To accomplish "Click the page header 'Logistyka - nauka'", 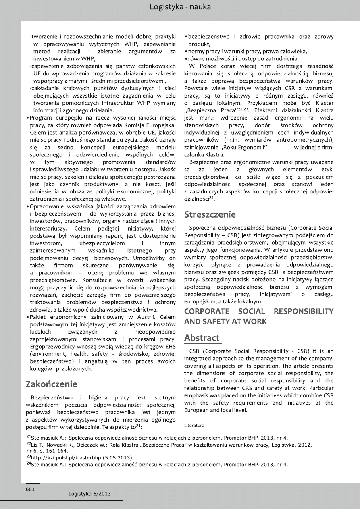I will pos(180,7).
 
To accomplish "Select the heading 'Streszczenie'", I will pos(210,214).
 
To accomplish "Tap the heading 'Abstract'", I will pos(202,337).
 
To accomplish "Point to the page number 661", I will pos(31,489).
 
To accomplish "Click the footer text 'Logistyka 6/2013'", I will pos(89,494).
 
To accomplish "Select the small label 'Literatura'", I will pos(194,425).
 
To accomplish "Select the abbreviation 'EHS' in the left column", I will pos(169,346).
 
